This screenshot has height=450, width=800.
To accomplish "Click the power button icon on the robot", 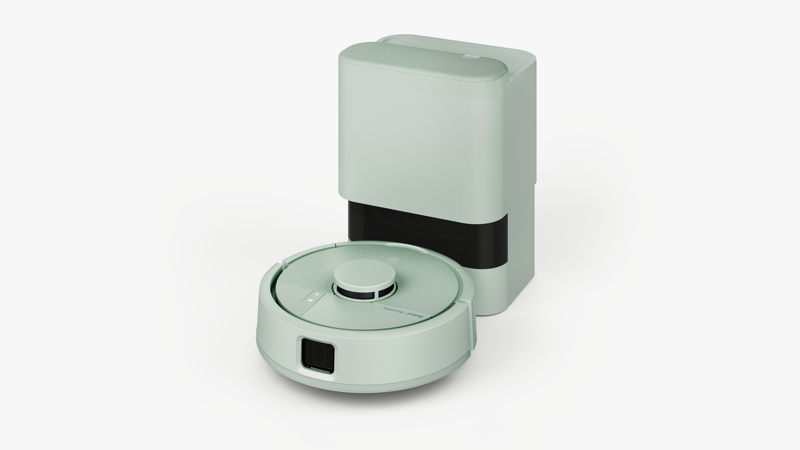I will [x=316, y=294].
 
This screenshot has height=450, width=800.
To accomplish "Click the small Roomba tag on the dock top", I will [x=470, y=56].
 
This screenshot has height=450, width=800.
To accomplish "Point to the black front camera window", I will [x=318, y=355].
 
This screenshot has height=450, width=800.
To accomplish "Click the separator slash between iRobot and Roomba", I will [x=407, y=313].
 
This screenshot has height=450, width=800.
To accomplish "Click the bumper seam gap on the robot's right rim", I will [x=463, y=300].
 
